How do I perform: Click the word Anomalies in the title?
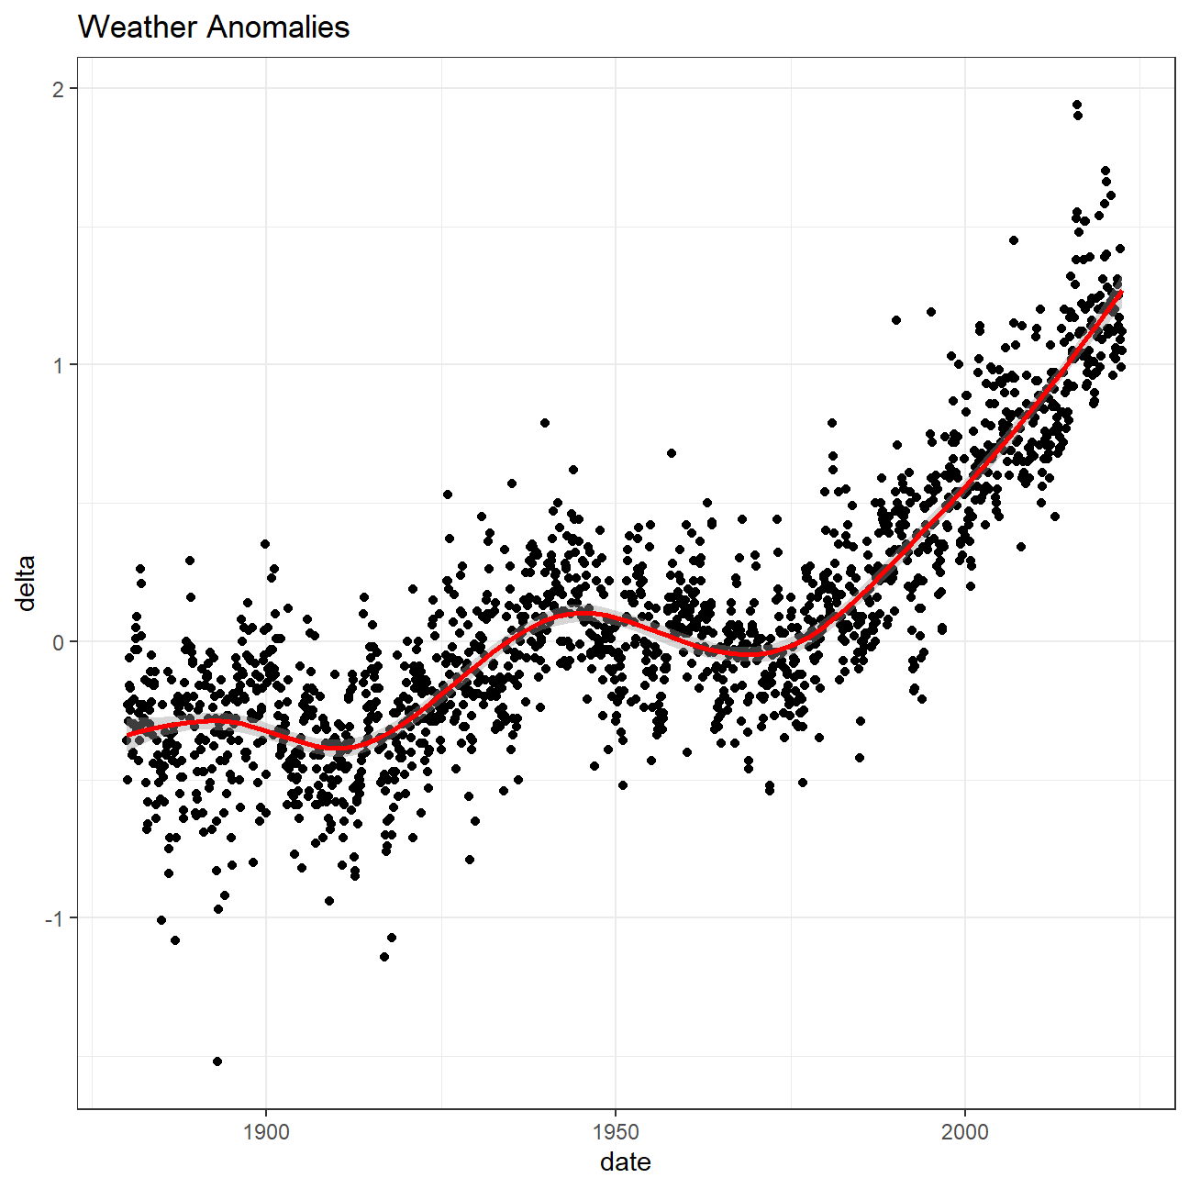[278, 28]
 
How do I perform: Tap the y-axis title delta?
[27, 583]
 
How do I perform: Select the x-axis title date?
[626, 1162]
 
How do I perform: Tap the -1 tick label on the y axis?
[54, 918]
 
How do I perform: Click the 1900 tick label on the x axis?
[266, 1132]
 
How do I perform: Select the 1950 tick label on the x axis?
[616, 1132]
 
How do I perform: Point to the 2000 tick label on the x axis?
[965, 1132]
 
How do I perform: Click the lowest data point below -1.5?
[217, 1061]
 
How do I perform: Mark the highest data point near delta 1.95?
[1077, 105]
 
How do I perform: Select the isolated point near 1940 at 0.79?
[545, 423]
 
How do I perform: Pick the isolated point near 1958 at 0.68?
[672, 453]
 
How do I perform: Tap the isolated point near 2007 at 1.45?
[1014, 240]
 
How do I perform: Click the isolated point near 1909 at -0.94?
[329, 901]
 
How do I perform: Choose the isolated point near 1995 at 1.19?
[931, 312]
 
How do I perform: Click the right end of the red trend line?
[1120, 293]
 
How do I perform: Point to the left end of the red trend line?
[128, 735]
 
